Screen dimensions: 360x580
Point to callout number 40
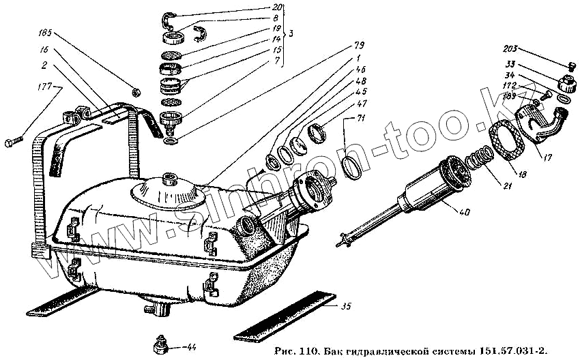coord(465,212)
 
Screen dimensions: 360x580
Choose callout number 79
coord(359,46)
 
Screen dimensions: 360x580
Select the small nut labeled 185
coord(135,91)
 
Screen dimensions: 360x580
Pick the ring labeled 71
coord(351,167)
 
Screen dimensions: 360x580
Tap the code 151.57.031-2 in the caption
coord(507,351)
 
